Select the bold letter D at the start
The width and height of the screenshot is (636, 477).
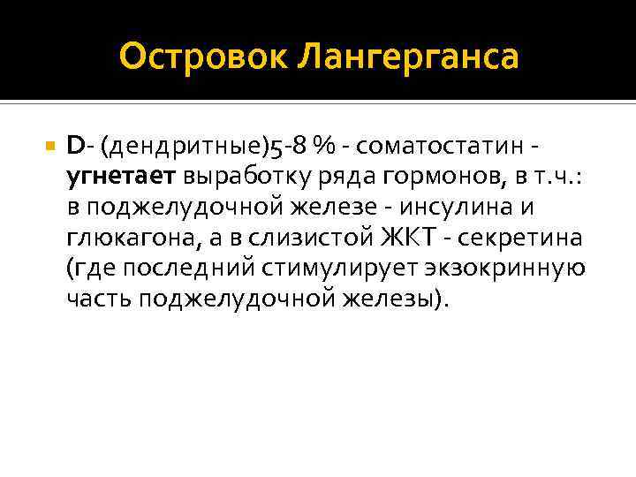(x=73, y=144)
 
